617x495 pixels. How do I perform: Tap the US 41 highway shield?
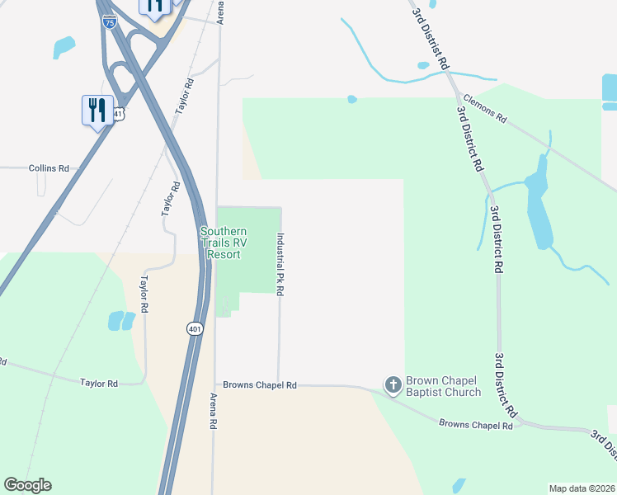tap(120, 114)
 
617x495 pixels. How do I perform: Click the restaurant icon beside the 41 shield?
tap(97, 110)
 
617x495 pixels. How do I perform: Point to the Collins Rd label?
tap(49, 167)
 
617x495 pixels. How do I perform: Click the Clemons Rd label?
tap(485, 109)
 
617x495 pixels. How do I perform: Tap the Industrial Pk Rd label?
tap(280, 264)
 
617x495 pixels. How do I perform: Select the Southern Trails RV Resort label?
tap(224, 243)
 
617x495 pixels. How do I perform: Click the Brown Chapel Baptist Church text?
tap(445, 386)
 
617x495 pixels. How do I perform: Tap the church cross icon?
tap(393, 384)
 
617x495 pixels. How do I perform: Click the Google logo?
tap(27, 485)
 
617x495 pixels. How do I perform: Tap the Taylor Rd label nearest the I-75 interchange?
tap(183, 97)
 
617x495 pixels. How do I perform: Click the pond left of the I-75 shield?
tap(64, 47)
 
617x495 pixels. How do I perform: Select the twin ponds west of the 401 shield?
tap(121, 320)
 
